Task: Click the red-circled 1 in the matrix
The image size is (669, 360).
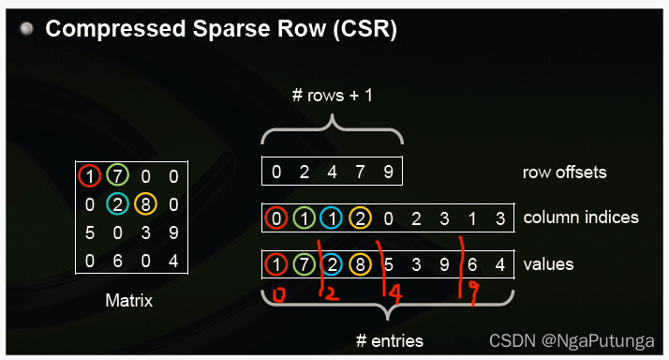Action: coord(88,175)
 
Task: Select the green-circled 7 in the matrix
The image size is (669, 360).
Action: coord(116,175)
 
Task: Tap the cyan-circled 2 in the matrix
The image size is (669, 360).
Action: coord(116,204)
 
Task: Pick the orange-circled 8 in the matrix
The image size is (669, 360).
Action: coord(144,204)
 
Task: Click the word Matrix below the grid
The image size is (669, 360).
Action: coord(130,301)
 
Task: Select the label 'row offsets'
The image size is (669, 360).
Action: coord(564,172)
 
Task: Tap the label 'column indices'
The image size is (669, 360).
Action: coord(581,217)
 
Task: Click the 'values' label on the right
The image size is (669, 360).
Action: coord(548,264)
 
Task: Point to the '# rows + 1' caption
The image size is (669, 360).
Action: coord(332,96)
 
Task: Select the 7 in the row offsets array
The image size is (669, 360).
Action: coord(361,172)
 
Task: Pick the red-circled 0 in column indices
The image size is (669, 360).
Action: coord(276,218)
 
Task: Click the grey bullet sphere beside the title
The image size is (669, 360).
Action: coord(26,29)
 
